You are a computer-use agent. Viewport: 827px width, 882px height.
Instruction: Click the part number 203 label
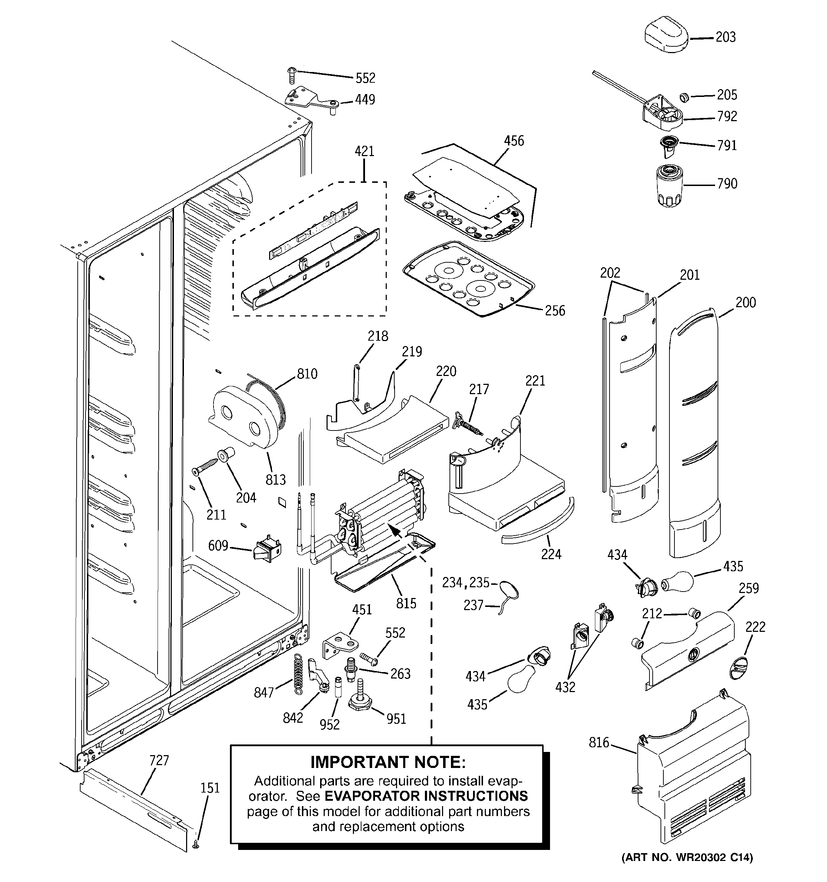[x=725, y=37]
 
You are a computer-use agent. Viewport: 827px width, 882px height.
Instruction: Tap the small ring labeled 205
[x=684, y=96]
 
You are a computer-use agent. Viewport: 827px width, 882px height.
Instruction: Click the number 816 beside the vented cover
[x=599, y=743]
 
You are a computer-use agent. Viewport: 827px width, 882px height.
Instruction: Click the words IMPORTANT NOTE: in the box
[x=388, y=762]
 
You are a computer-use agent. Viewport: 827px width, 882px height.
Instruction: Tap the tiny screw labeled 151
[x=196, y=846]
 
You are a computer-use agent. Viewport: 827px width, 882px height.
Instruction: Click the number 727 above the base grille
[x=159, y=760]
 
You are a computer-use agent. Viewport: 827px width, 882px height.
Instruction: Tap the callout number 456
[x=514, y=141]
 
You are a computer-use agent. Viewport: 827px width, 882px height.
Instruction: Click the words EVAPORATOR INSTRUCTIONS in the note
[x=426, y=796]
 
